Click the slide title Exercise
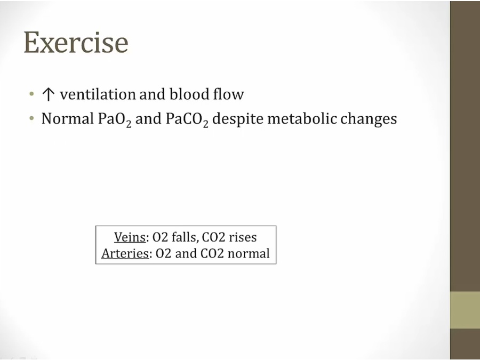click(x=76, y=42)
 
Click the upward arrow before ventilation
click(x=48, y=94)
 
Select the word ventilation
click(x=98, y=94)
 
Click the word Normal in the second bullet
click(x=68, y=118)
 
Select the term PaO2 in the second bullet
click(x=115, y=119)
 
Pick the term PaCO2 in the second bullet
click(x=187, y=119)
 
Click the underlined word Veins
click(x=130, y=237)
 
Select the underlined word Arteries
click(x=125, y=253)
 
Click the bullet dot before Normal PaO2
click(x=31, y=118)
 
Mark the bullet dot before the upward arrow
click(x=31, y=94)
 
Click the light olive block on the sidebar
click(x=465, y=310)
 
